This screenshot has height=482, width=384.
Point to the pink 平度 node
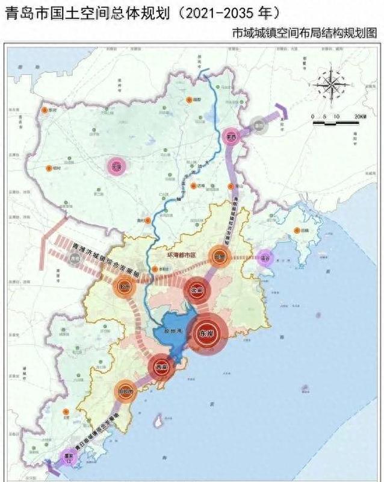(116, 166)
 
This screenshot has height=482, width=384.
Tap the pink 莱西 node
(230, 137)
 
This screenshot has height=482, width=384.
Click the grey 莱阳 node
(259, 125)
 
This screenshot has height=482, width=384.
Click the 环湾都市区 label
(181, 255)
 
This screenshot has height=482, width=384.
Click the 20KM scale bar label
(359, 116)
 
